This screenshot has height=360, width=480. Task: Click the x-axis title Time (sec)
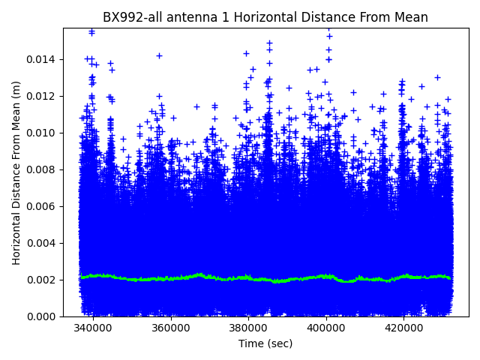pos(265,343)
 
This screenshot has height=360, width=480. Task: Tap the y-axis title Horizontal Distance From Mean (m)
pos(16,172)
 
